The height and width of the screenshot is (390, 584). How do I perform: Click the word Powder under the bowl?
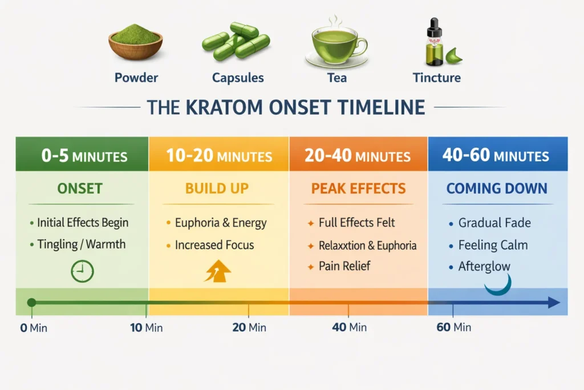pos(136,77)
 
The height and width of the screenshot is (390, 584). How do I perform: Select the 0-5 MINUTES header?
pos(82,155)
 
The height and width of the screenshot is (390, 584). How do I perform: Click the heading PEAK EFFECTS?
pos(359,189)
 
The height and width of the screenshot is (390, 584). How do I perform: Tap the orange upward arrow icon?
pos(217,271)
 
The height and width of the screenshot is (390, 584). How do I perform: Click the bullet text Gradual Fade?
pos(494,223)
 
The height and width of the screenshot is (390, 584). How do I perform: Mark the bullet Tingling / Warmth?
pos(81,244)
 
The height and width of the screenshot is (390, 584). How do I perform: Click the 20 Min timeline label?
pos(249,327)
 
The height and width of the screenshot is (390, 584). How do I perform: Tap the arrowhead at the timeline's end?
pos(554,303)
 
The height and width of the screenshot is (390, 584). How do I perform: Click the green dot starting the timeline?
pos(32,303)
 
